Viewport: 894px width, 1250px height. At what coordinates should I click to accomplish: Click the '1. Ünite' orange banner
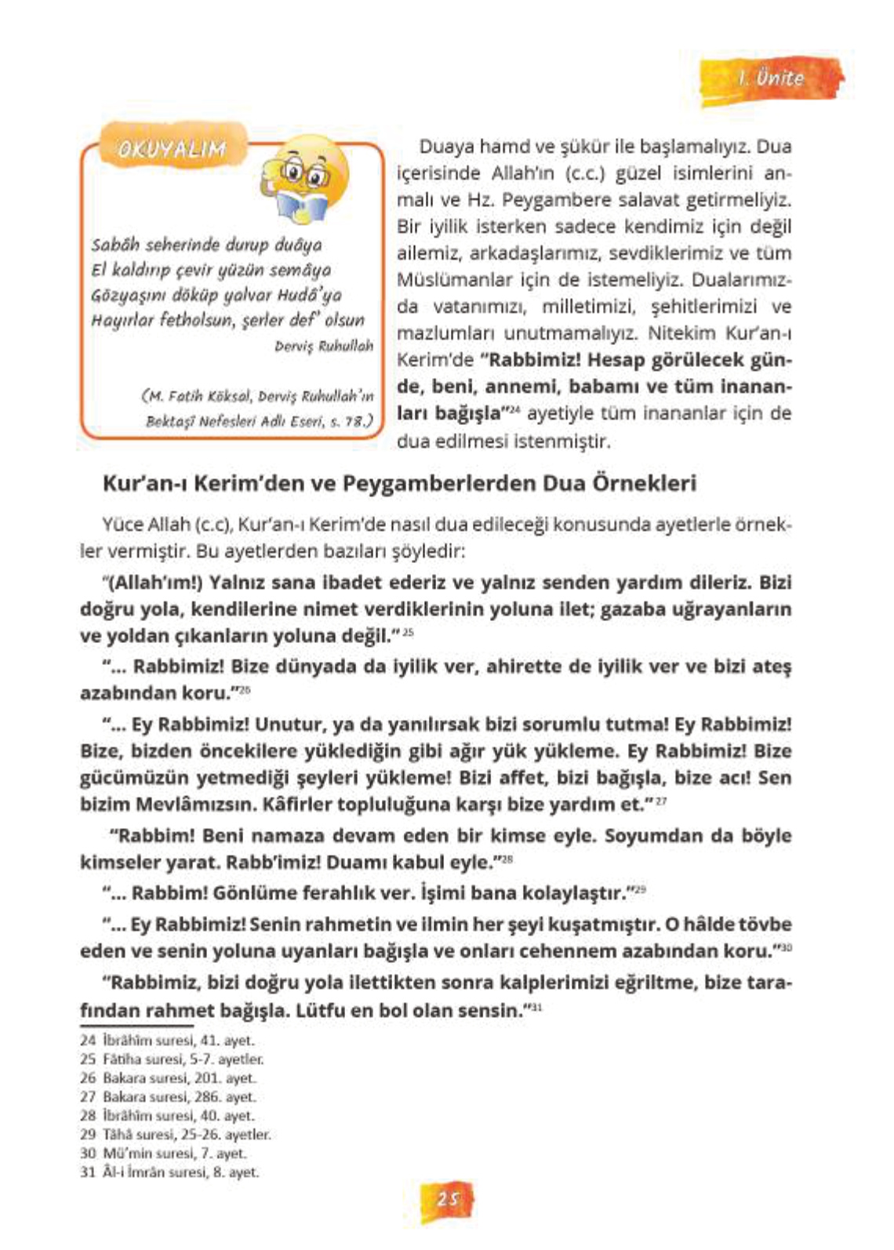click(771, 78)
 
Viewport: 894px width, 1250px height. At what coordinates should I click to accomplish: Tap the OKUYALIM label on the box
click(171, 149)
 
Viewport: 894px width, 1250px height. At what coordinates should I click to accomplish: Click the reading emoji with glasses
click(306, 180)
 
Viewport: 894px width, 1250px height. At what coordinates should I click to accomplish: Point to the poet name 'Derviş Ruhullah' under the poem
click(324, 346)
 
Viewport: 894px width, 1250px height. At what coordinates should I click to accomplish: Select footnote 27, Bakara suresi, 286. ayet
click(168, 1097)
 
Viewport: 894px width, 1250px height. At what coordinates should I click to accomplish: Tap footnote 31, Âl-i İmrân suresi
click(169, 1172)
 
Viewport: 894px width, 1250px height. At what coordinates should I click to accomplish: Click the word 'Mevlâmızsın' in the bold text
click(184, 805)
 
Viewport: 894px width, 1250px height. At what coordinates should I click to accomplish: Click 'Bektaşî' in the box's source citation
click(169, 422)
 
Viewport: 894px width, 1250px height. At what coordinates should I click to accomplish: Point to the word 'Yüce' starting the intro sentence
click(119, 525)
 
